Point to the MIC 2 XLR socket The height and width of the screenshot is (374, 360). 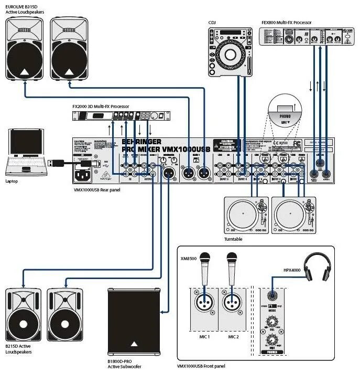pos(232,303)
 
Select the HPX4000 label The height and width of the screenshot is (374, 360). pos(292,270)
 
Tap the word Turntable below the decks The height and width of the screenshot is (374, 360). pos(234,239)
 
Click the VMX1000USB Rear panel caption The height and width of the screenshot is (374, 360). pos(96,189)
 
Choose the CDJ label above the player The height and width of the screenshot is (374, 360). pos(212,22)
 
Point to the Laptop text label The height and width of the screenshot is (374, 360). pos(12,180)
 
